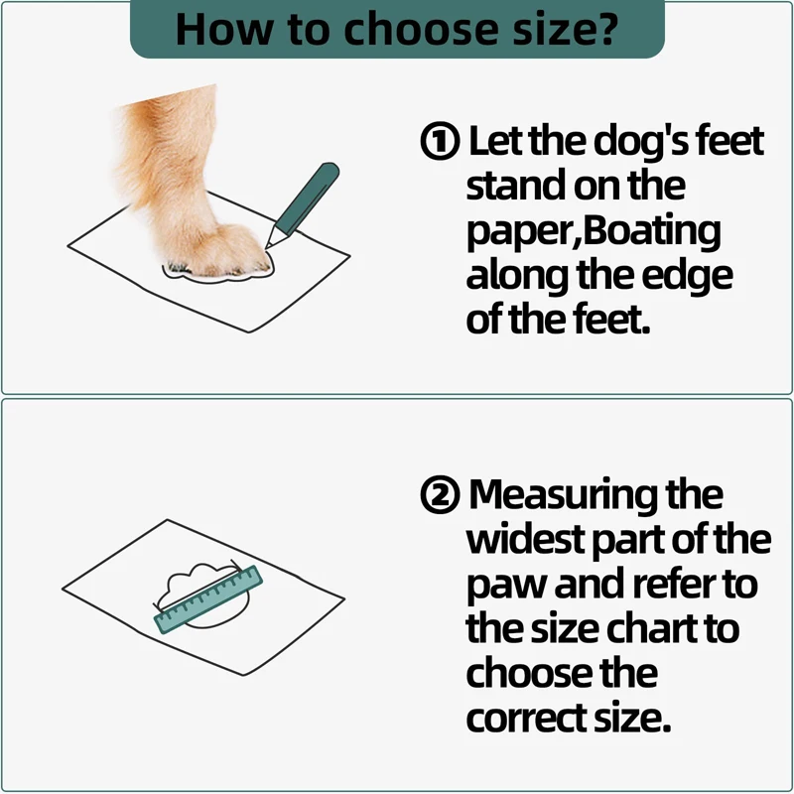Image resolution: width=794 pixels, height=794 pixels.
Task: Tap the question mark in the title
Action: pos(607,28)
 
